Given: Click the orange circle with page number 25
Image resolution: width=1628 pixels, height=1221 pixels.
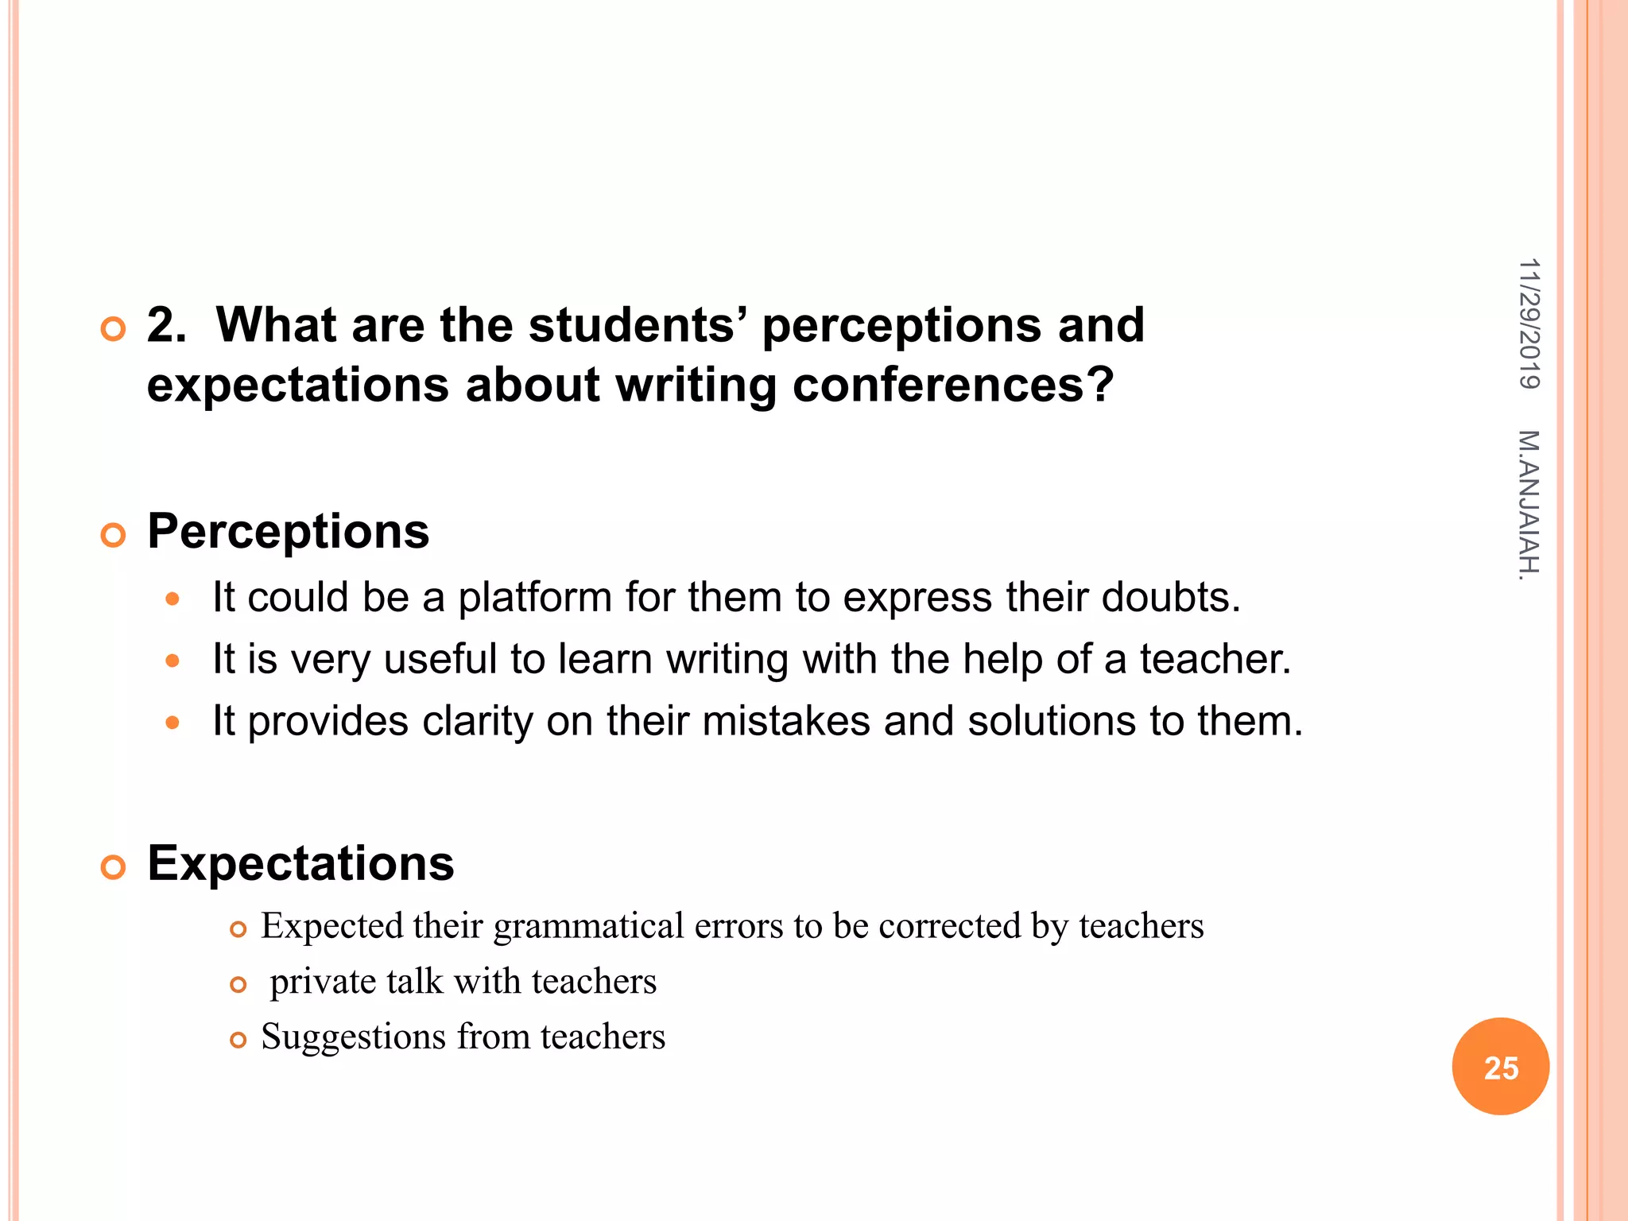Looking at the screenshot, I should click(x=1500, y=1067).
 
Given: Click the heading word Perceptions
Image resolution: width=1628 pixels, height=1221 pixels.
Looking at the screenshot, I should click(x=288, y=531).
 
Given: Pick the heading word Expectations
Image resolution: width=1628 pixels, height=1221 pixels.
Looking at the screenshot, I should click(x=300, y=863).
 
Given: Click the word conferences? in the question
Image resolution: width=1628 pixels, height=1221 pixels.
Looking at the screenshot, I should click(x=953, y=385).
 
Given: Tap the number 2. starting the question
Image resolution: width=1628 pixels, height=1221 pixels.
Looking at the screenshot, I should click(x=167, y=325).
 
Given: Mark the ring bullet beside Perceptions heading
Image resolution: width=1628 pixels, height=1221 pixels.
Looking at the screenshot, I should click(x=114, y=535).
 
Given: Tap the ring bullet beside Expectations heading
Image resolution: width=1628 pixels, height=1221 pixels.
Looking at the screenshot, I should click(x=114, y=867).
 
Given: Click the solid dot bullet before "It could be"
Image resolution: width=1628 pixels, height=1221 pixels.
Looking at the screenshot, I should click(x=172, y=599).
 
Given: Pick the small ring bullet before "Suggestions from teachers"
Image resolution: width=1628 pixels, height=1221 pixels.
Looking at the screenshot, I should click(x=238, y=1040).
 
